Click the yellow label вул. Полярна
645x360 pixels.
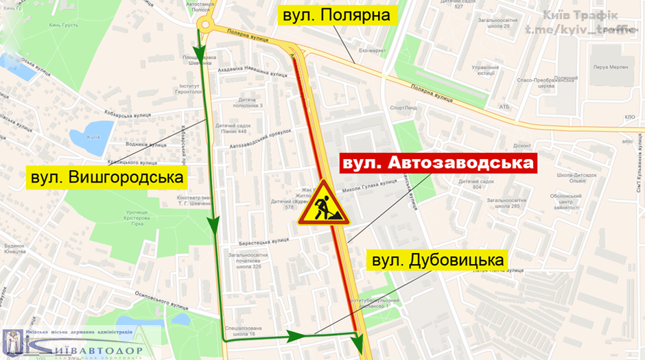[x=337, y=15]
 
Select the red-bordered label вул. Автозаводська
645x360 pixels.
[x=438, y=163]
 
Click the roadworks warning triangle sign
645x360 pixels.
[x=323, y=204]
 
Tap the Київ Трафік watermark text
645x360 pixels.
[x=580, y=15]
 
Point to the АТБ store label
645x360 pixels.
[x=504, y=106]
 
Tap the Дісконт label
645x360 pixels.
[x=522, y=145]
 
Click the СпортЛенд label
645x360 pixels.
[x=403, y=108]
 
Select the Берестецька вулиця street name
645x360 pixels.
[x=263, y=241]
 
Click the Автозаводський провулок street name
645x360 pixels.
[x=261, y=139]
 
